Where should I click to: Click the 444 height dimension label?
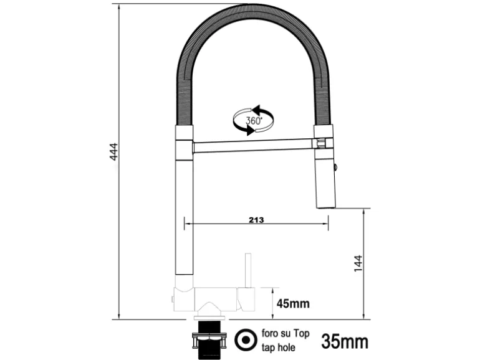(x=113, y=151)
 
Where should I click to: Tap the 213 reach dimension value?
(x=256, y=220)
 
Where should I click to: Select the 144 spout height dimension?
(x=358, y=263)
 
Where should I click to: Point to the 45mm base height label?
(x=293, y=303)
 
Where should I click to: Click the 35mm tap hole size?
(x=345, y=342)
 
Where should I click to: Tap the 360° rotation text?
(x=254, y=120)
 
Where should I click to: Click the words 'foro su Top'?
(x=286, y=333)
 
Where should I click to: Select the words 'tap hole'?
(x=278, y=348)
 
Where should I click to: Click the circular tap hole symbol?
(x=246, y=340)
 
